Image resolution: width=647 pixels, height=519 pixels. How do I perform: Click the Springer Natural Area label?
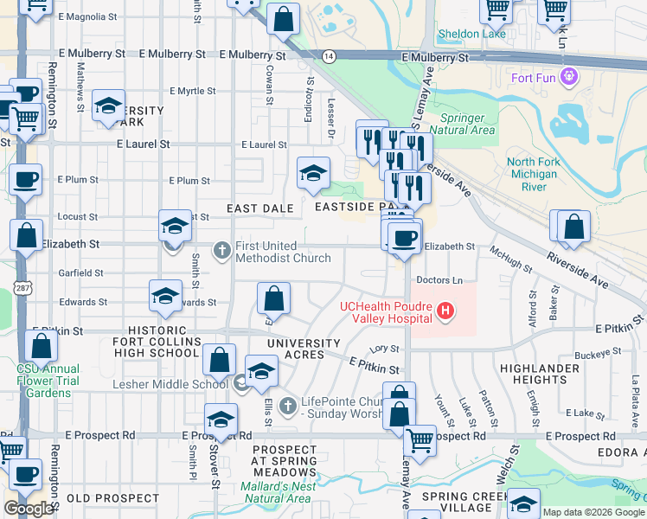click(x=468, y=124)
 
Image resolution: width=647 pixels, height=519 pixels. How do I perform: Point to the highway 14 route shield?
click(x=329, y=55)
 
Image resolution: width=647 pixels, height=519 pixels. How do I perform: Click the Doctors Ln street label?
click(x=439, y=280)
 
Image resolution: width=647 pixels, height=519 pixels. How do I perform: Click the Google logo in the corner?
click(x=29, y=509)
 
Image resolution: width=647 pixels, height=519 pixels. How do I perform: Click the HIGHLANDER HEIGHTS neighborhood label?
click(x=545, y=375)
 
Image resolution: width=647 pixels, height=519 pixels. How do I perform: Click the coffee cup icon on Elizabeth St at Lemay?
click(x=403, y=237)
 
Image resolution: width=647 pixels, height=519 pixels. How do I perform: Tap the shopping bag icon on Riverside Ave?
click(x=573, y=228)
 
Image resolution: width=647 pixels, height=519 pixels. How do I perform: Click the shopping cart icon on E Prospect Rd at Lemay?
click(x=420, y=439)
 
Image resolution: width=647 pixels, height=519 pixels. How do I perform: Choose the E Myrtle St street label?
click(x=192, y=91)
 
